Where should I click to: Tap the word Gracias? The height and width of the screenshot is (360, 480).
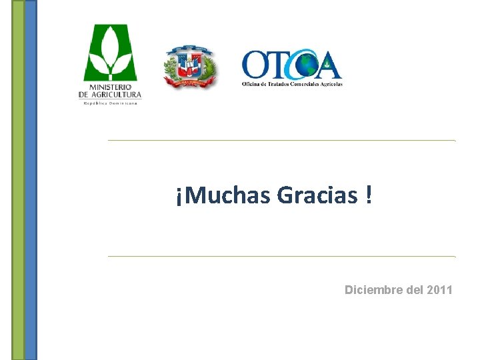(x=316, y=196)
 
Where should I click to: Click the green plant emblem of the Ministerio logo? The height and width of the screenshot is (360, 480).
(x=110, y=53)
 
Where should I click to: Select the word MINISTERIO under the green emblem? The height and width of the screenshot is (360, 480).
(x=111, y=87)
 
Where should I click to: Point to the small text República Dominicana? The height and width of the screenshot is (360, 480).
(x=111, y=103)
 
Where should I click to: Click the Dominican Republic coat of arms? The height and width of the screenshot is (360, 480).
(x=191, y=67)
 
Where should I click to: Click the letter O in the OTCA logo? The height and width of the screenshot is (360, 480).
(x=255, y=65)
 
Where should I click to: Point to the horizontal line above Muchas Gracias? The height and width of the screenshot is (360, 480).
(x=281, y=141)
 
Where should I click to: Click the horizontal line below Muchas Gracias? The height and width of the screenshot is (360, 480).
(x=281, y=256)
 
